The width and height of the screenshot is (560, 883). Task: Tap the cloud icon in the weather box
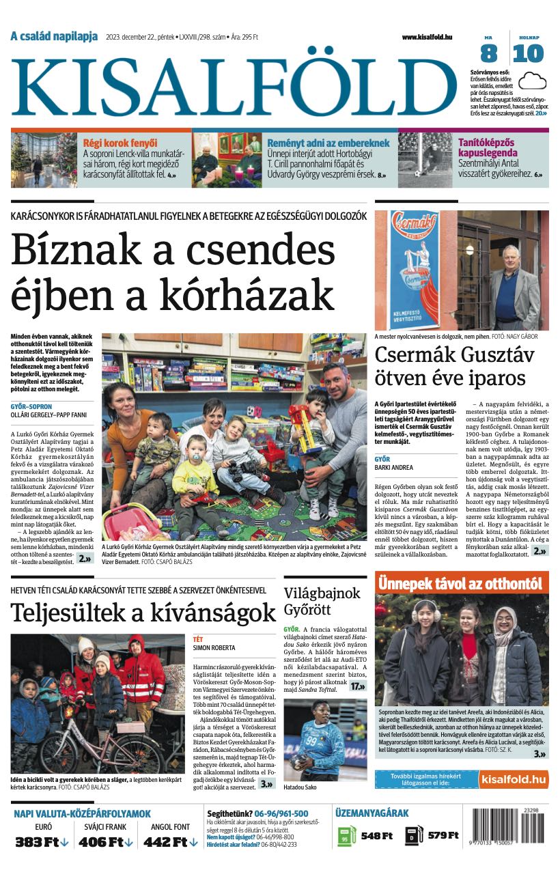tap(532, 82)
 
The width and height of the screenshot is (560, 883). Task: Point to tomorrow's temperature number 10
tap(528, 53)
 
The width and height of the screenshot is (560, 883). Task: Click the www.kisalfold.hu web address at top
tap(427, 38)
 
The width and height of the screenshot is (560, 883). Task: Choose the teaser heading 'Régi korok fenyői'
tap(120, 143)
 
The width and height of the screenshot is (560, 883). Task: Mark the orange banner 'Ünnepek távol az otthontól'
tap(461, 584)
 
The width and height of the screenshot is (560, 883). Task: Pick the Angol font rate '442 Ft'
tap(165, 842)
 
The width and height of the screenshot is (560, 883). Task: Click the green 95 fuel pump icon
tap(346, 836)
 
